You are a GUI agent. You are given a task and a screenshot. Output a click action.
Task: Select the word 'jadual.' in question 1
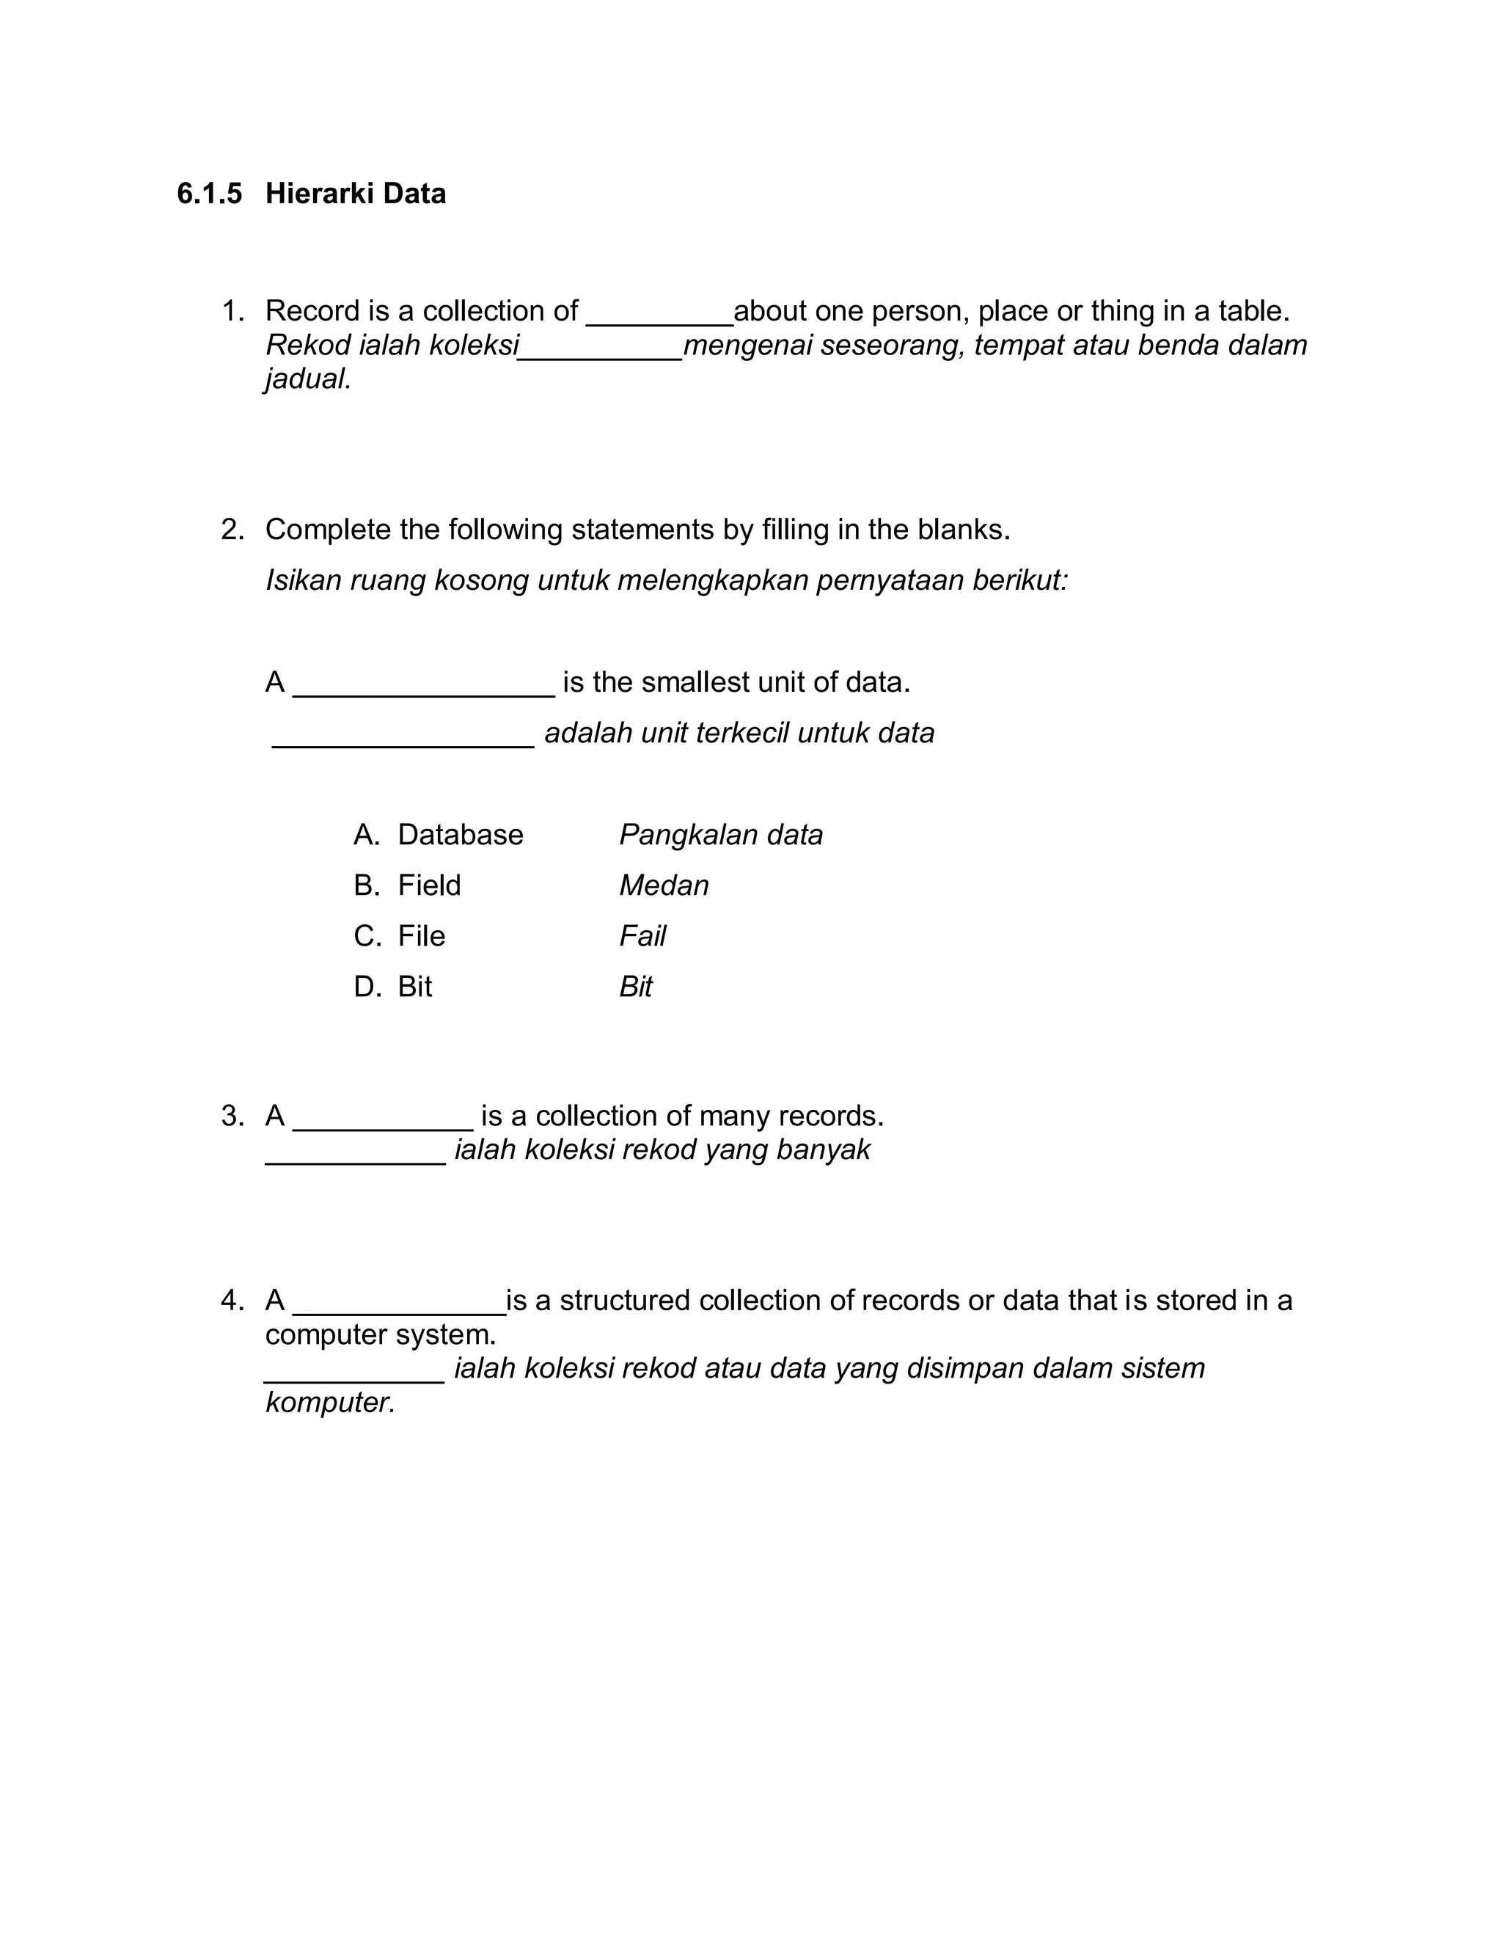[309, 379]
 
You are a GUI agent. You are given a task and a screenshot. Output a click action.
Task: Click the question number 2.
[230, 530]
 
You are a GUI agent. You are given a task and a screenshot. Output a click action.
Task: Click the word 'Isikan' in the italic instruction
[304, 580]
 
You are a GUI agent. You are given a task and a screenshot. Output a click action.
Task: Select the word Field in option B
[429, 885]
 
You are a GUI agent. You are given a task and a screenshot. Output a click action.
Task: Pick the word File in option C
[421, 936]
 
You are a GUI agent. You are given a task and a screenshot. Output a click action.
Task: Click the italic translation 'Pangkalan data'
[721, 835]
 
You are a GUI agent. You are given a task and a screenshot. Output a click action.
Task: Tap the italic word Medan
[664, 885]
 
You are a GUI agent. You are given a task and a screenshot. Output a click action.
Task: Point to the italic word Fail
[642, 936]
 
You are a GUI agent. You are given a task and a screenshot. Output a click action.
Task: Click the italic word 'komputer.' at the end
[330, 1403]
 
